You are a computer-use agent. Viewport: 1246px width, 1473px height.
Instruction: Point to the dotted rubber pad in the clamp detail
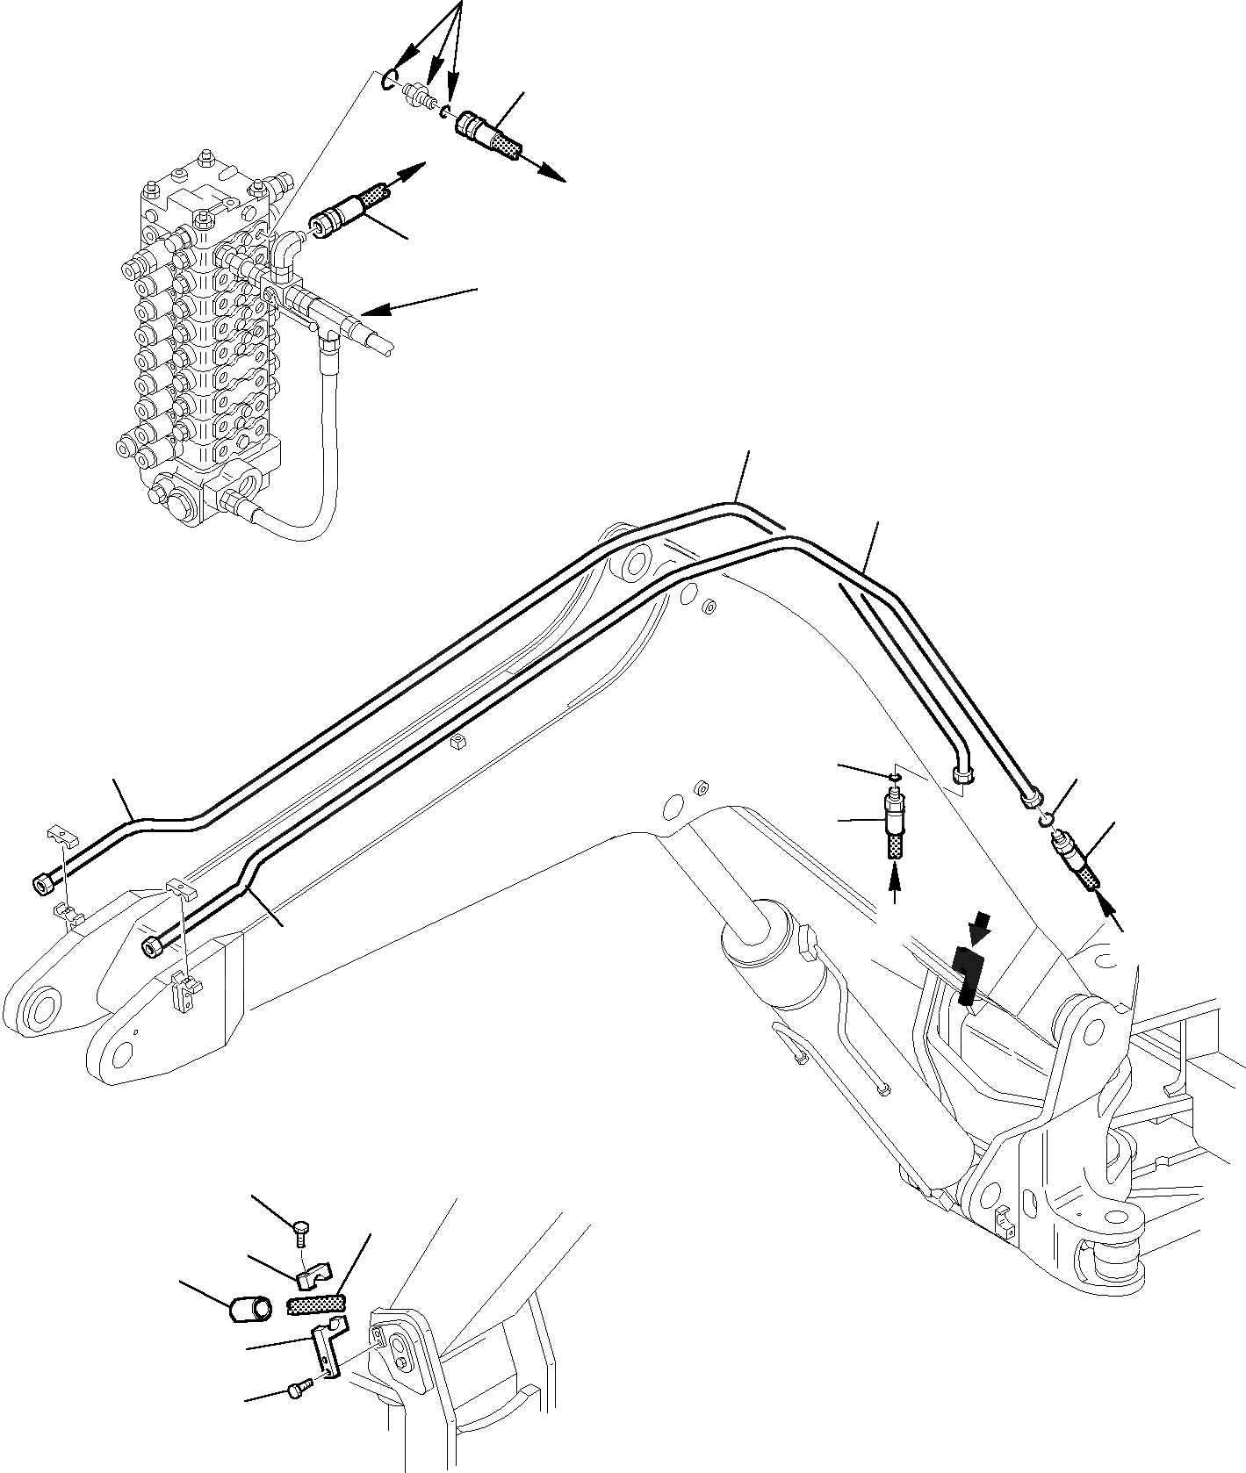click(x=316, y=1307)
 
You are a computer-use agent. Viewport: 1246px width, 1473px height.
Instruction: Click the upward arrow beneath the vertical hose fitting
click(x=895, y=883)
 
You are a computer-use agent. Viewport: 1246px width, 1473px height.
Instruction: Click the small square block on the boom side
click(x=456, y=743)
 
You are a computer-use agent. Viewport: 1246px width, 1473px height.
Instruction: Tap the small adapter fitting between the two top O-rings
click(x=420, y=96)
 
